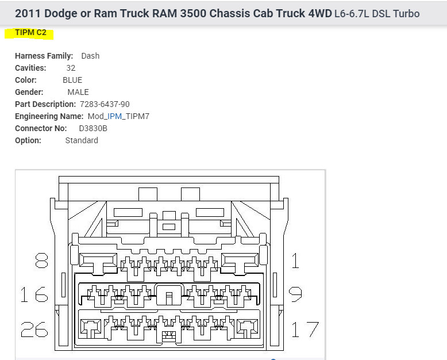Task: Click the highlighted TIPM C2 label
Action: point(30,33)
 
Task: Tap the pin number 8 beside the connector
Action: point(41,262)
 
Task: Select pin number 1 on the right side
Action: point(295,262)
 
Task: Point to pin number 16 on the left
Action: point(34,295)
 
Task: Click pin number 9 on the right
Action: point(295,295)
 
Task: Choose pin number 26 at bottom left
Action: point(34,329)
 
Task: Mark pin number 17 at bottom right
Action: point(305,329)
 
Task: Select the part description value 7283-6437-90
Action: point(105,104)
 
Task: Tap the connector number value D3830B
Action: point(93,128)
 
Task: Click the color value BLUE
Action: point(72,80)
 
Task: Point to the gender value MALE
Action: point(78,92)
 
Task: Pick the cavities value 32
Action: point(71,68)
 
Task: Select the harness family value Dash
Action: point(90,56)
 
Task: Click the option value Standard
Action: point(82,140)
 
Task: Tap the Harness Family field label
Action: point(44,56)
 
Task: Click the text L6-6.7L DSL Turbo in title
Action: point(377,13)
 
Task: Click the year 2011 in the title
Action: point(28,13)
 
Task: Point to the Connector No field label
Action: point(41,128)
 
